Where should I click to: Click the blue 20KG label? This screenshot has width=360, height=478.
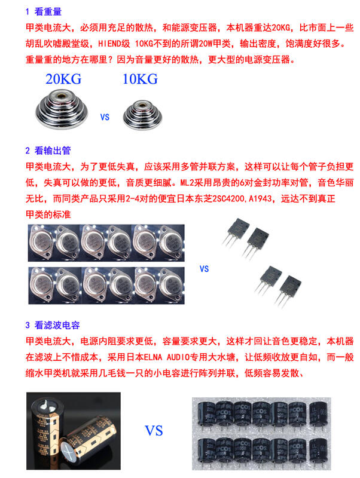click(x=63, y=79)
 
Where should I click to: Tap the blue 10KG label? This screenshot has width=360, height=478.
click(x=140, y=79)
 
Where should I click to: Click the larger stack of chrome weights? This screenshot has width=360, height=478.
click(x=62, y=109)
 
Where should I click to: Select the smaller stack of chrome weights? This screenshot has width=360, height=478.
click(x=142, y=115)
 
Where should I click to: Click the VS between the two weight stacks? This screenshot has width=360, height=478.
click(x=105, y=117)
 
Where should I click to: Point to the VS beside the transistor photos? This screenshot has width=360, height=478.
click(x=204, y=269)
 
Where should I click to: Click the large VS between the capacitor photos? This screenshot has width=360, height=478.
click(x=154, y=431)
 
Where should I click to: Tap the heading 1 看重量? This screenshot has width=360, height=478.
click(x=44, y=11)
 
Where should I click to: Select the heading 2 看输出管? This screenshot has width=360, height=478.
click(x=48, y=151)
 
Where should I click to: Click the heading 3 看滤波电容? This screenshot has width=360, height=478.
click(x=53, y=325)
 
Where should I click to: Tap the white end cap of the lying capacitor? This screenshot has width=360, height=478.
click(x=67, y=449)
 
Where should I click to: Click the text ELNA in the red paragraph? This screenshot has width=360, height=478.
click(x=153, y=357)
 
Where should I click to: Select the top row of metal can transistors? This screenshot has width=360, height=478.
click(x=106, y=243)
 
